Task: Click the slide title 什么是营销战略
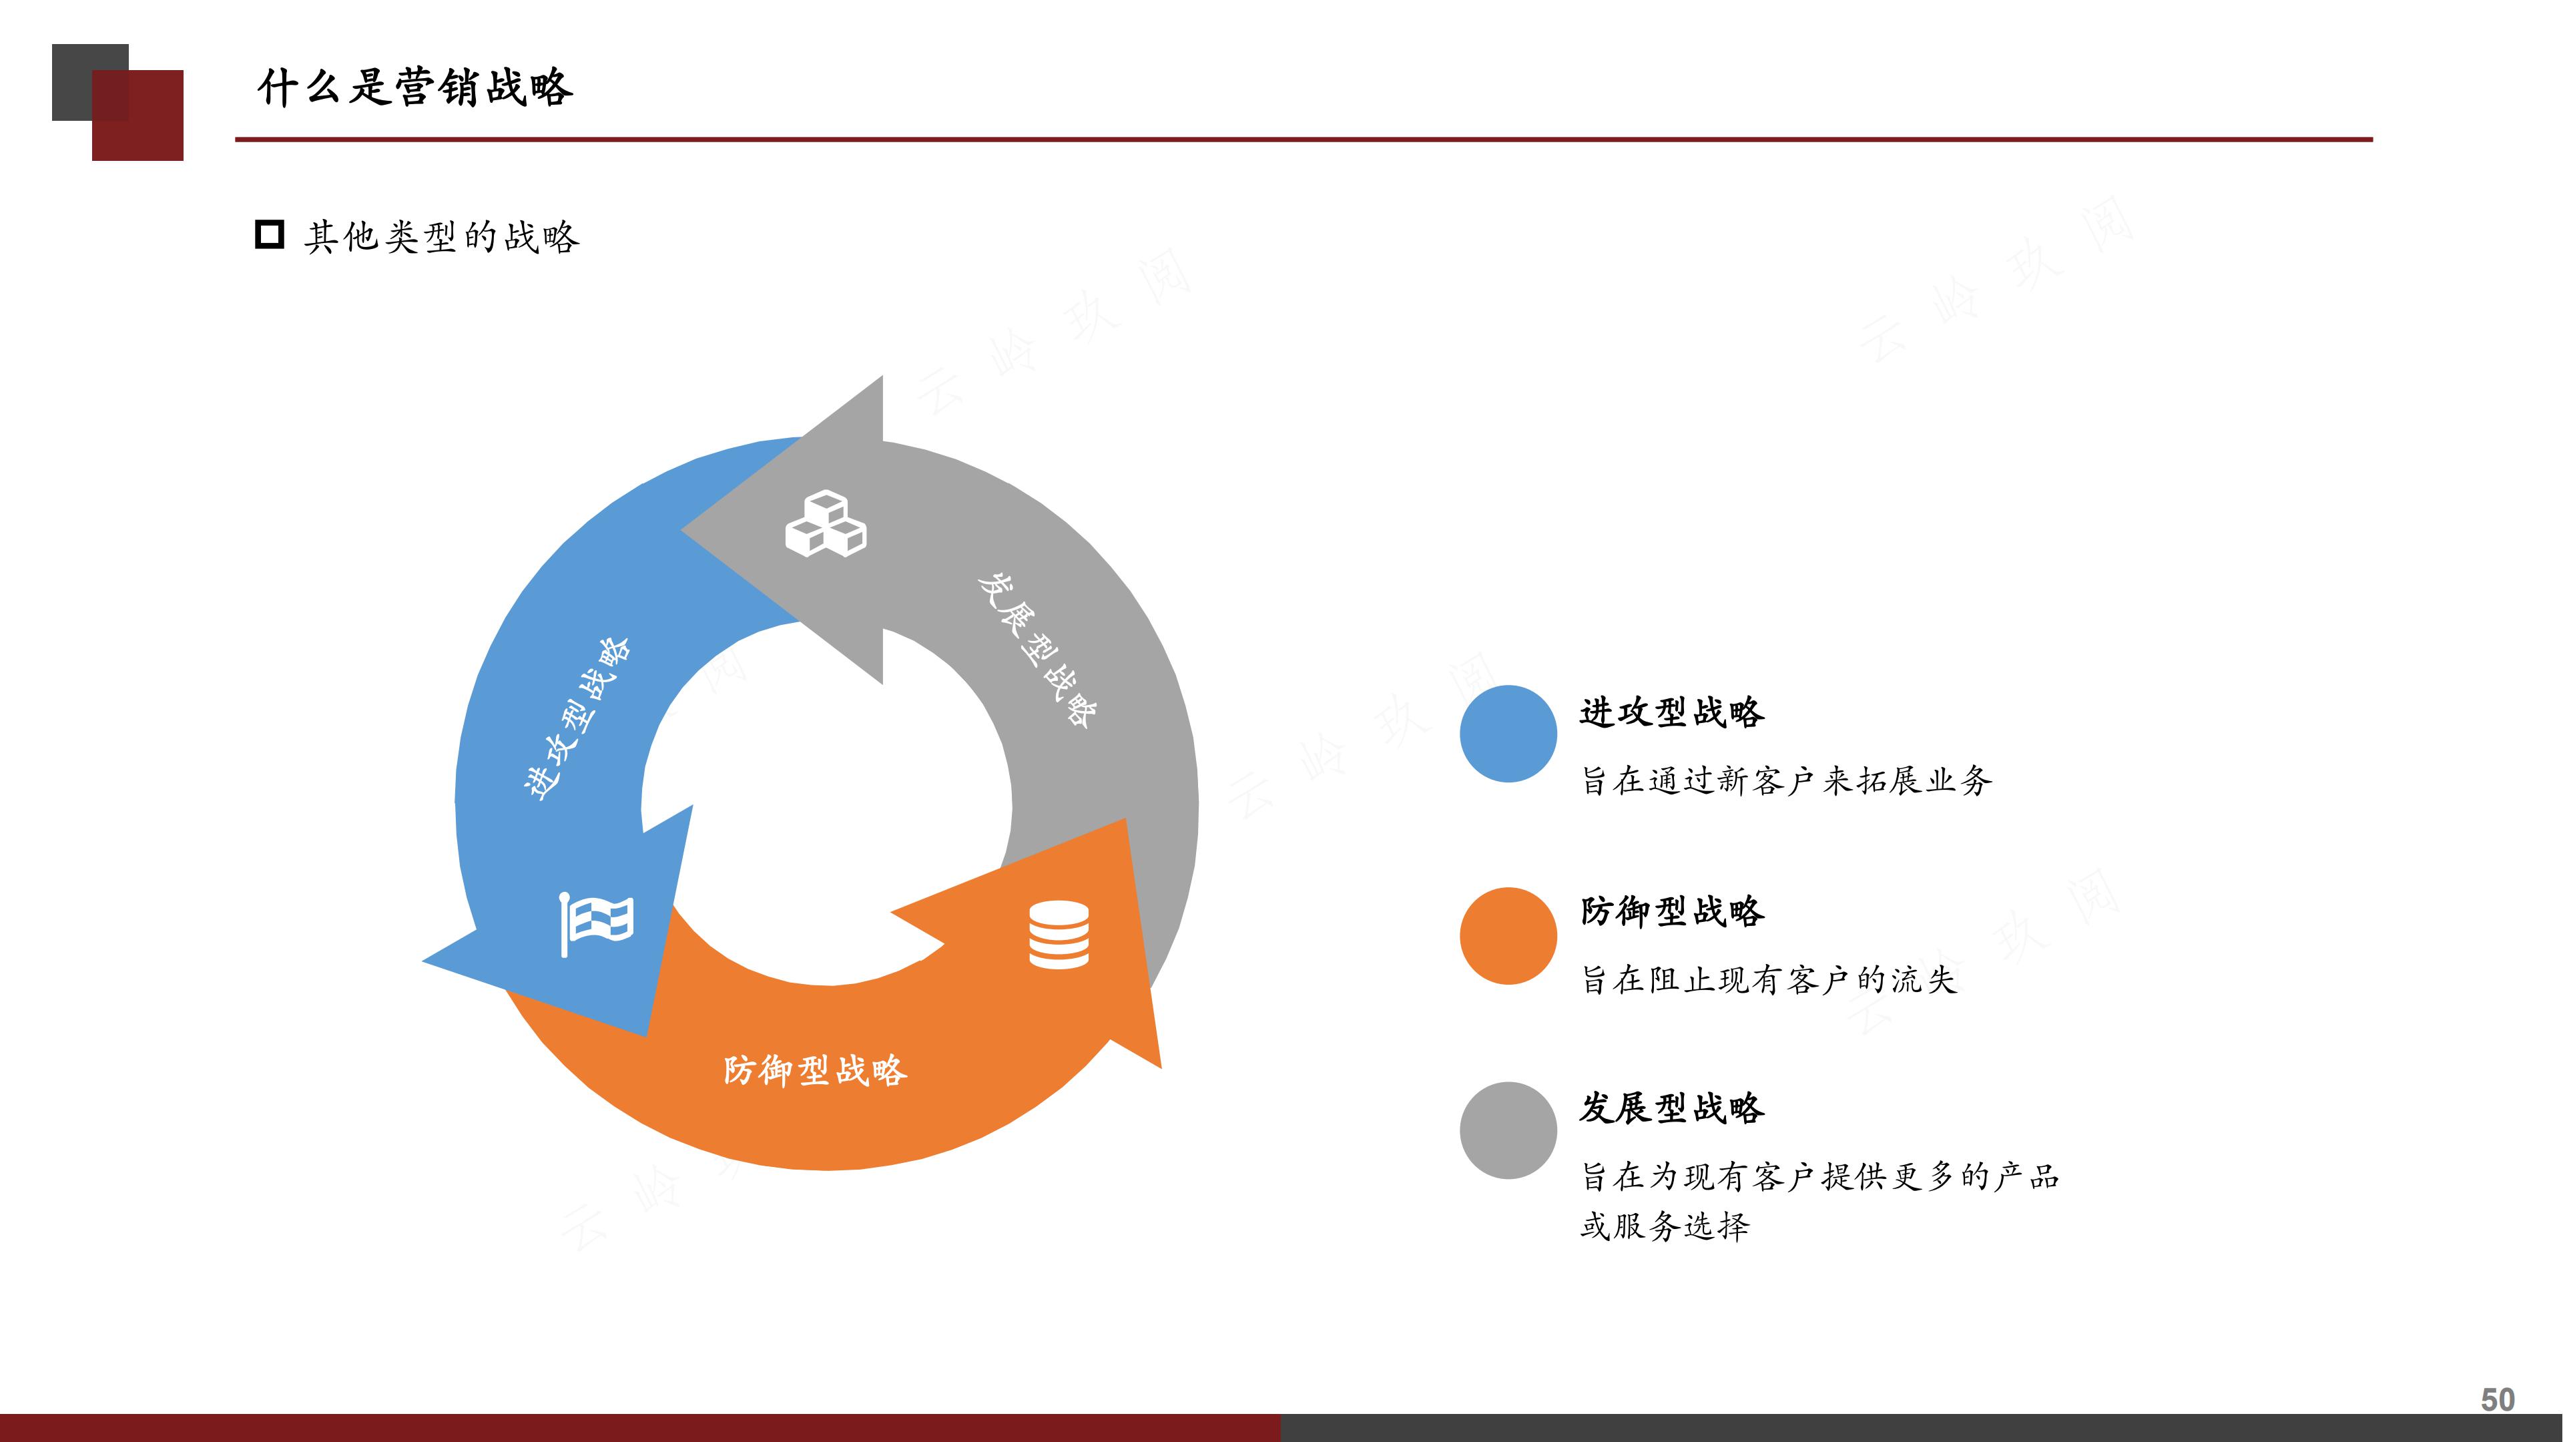coord(415,87)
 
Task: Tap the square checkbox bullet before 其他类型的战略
coord(270,235)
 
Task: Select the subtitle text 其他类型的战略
coord(442,237)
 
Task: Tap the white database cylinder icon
coord(1059,935)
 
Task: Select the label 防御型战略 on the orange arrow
coord(815,1071)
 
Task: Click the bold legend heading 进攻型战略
coord(1671,712)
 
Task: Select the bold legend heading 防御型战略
coord(1671,911)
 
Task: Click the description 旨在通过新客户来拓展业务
coord(1786,781)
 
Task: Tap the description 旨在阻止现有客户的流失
coord(1769,980)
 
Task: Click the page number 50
coord(2498,1399)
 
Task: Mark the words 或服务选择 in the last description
coord(1665,1226)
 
